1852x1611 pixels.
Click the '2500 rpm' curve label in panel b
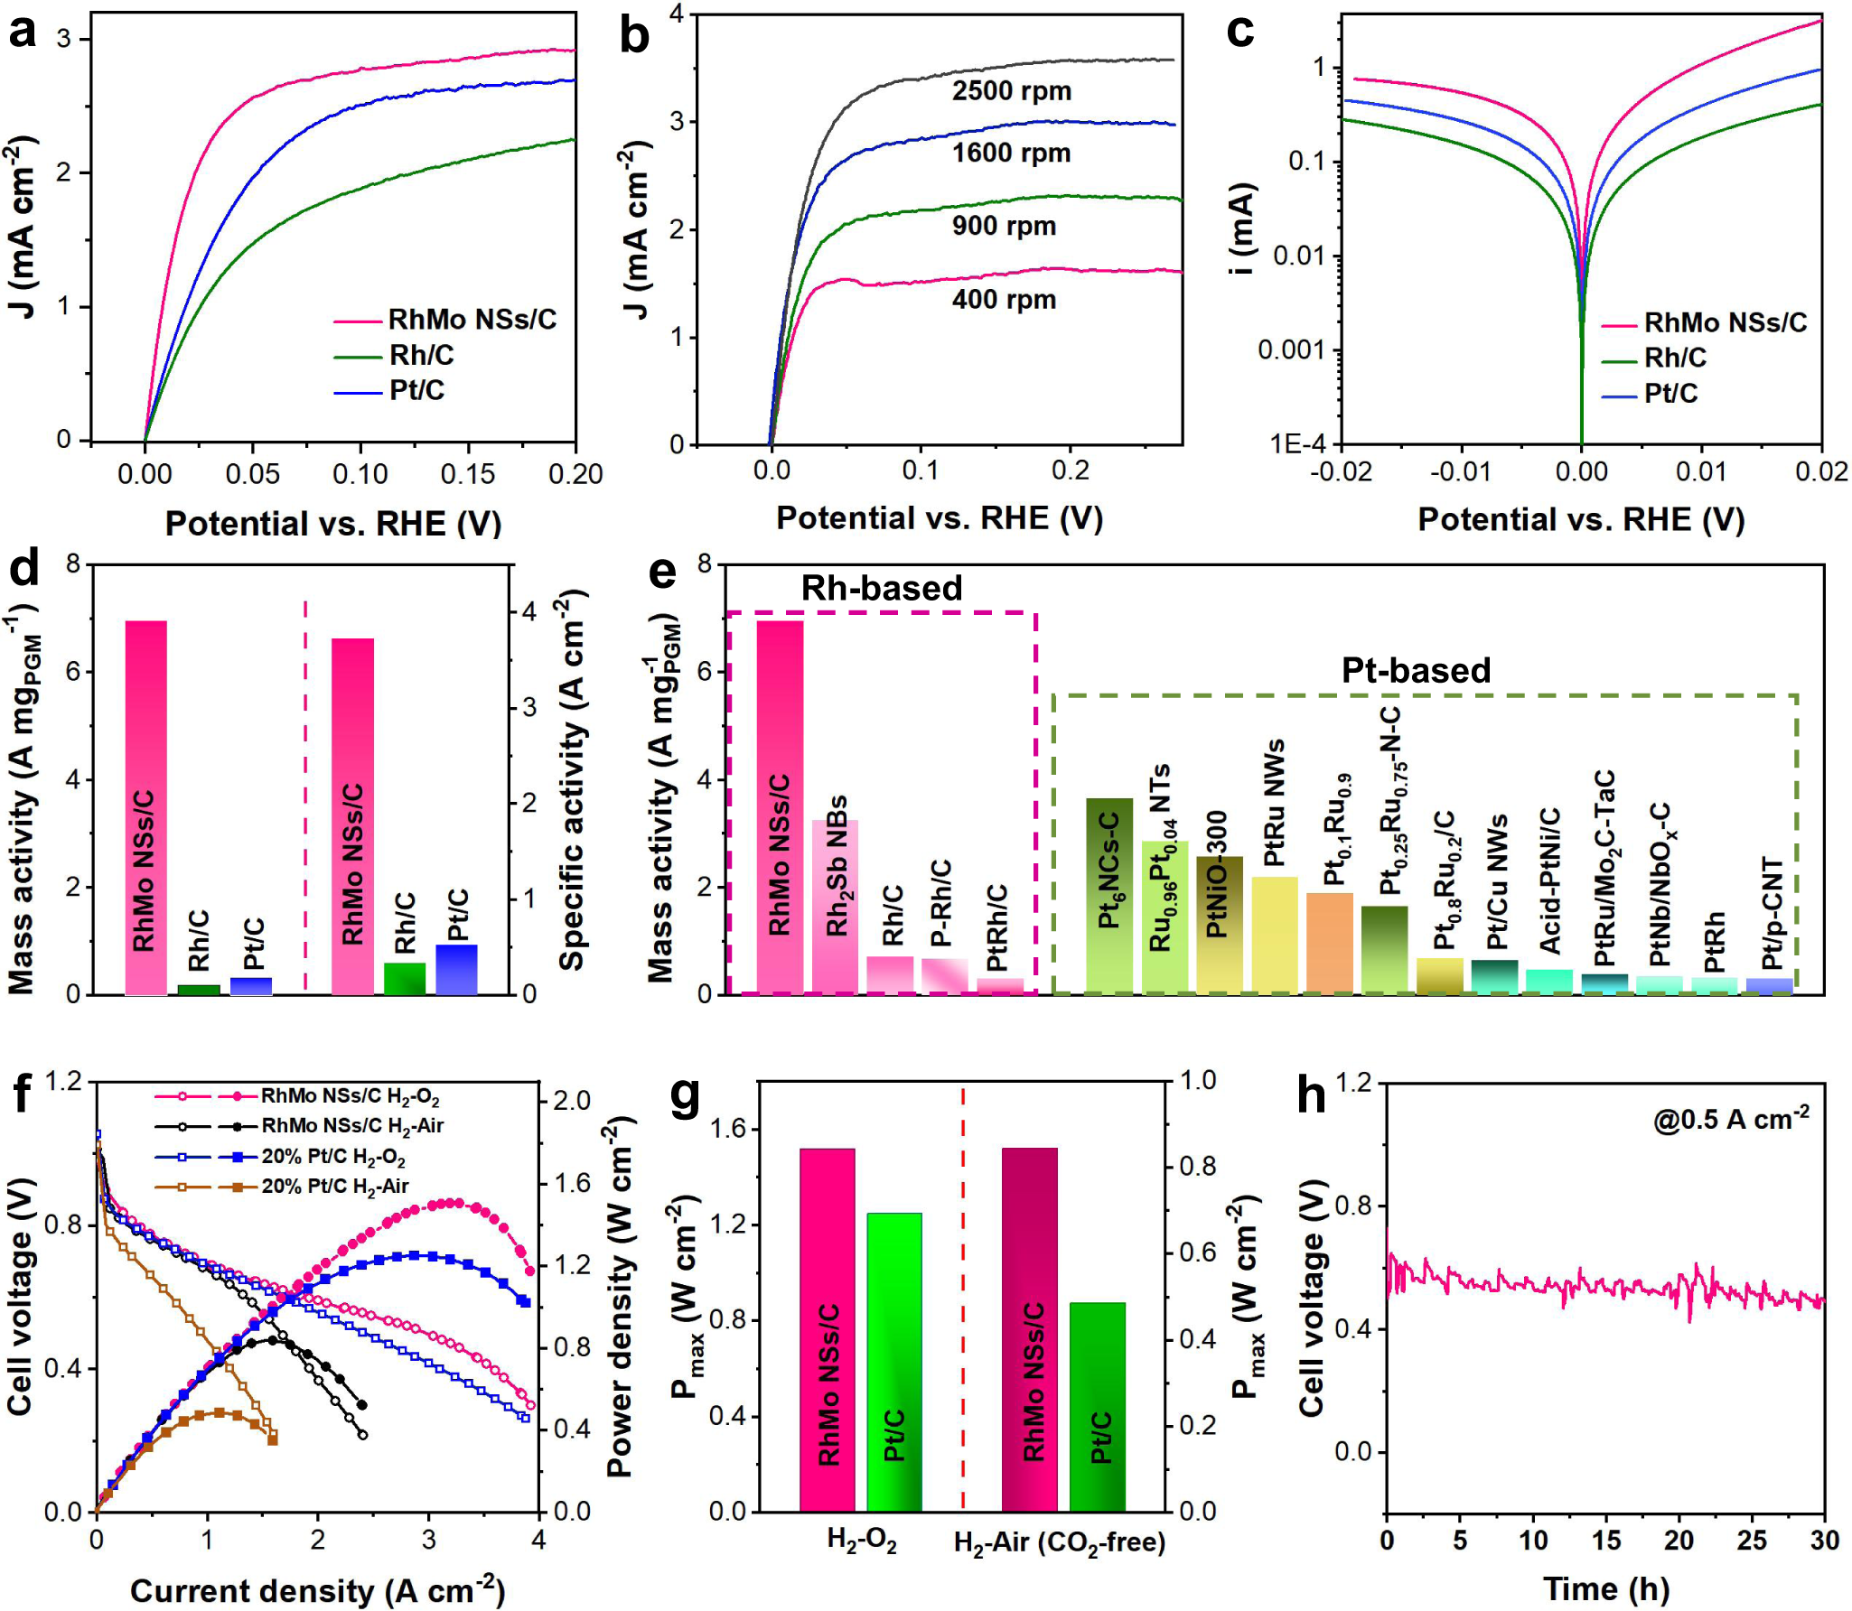click(x=1011, y=91)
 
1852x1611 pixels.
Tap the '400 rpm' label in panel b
click(x=1004, y=300)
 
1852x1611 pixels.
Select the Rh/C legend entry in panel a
click(x=421, y=355)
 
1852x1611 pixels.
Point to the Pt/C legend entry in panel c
click(x=1670, y=394)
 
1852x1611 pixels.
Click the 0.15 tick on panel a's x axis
click(x=468, y=474)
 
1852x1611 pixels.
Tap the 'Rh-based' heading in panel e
click(x=882, y=589)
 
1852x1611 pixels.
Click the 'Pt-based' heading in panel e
click(x=1416, y=671)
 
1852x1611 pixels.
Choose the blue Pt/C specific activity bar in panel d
click(x=457, y=970)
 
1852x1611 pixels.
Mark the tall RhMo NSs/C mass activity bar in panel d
click(x=146, y=807)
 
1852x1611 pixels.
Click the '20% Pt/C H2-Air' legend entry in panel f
click(x=334, y=1187)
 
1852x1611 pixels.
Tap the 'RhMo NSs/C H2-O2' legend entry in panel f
click(x=350, y=1096)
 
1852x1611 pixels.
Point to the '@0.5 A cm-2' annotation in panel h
click(x=1730, y=1120)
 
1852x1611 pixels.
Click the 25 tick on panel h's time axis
click(x=1751, y=1541)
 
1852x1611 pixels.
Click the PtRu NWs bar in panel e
click(x=1274, y=935)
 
